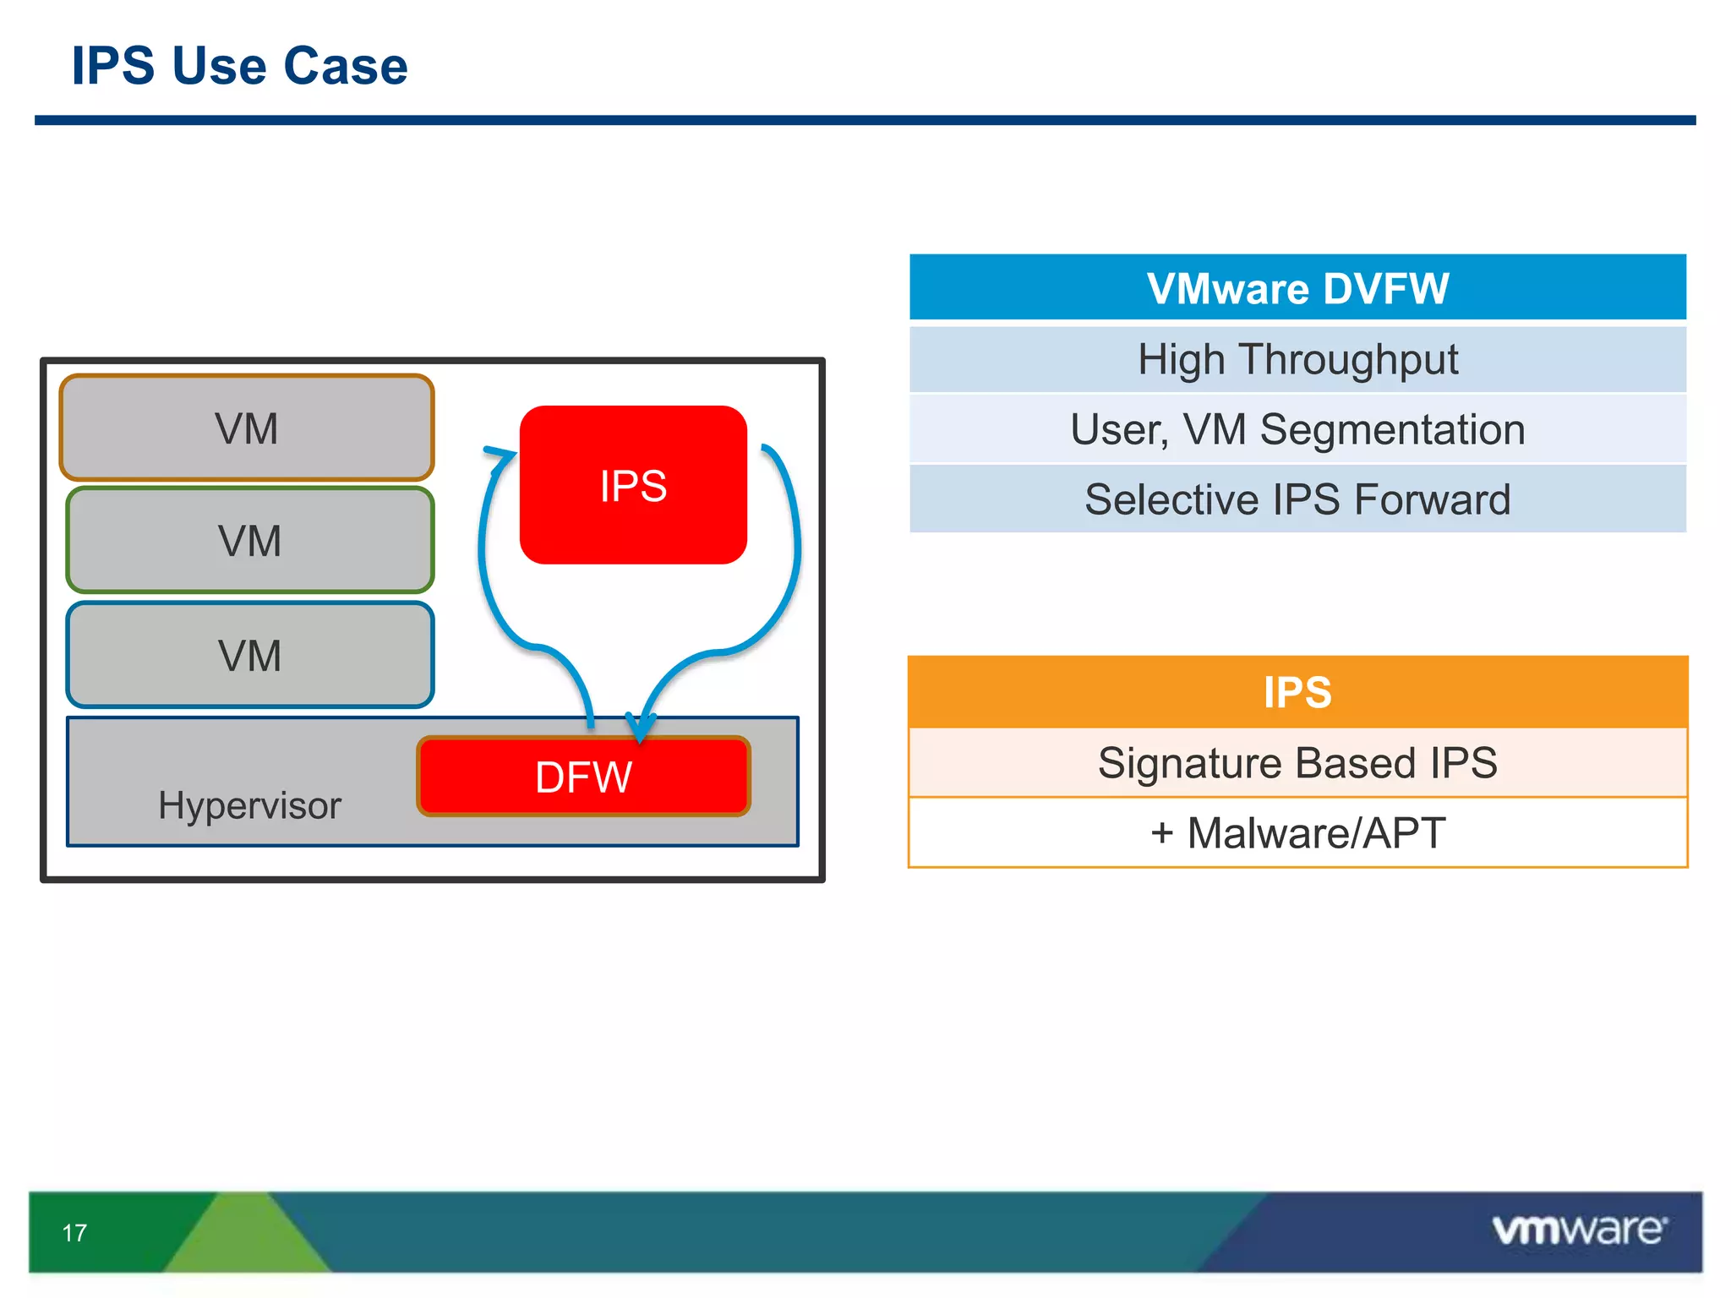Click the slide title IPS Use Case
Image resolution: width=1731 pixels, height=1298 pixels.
(x=239, y=66)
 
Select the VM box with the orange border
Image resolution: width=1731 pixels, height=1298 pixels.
(x=246, y=428)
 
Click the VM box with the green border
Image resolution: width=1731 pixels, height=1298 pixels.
(x=249, y=541)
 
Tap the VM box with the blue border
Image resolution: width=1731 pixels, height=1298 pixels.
(x=249, y=656)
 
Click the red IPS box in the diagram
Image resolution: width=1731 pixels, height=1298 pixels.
(x=633, y=485)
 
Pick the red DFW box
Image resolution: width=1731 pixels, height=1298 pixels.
(x=583, y=777)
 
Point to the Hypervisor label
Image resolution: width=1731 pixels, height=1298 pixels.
(x=249, y=805)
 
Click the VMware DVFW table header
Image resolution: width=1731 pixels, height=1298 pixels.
(x=1297, y=288)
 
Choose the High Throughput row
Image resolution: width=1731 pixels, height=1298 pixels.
(x=1297, y=360)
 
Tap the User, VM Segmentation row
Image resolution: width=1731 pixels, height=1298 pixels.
(x=1297, y=429)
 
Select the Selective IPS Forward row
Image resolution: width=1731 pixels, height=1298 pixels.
(x=1297, y=499)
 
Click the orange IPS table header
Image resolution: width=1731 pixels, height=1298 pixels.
(x=1297, y=692)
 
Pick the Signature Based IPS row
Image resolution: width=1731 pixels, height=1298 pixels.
(x=1297, y=763)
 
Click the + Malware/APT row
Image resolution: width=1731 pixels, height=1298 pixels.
(x=1297, y=833)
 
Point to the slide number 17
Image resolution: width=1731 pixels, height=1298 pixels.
(x=74, y=1233)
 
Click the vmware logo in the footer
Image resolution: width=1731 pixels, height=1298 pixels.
(x=1579, y=1230)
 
